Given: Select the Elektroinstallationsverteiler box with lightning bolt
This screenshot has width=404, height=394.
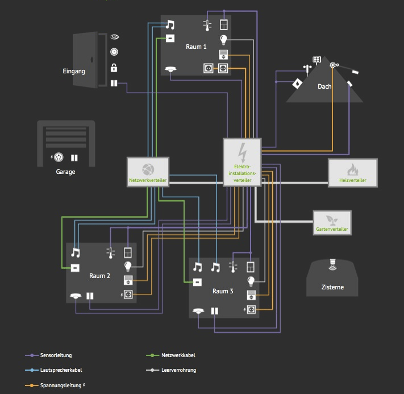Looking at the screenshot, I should click(242, 161).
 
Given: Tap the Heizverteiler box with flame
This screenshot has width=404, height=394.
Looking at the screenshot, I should click(352, 172).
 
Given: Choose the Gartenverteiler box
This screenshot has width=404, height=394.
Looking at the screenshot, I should click(332, 222).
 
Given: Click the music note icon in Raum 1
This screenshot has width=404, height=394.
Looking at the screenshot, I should click(170, 25).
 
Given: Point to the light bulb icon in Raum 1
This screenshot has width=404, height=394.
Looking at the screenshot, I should click(224, 40).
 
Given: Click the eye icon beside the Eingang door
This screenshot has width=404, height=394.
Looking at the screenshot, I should click(114, 37).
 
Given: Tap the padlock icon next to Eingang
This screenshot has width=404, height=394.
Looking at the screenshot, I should click(114, 68).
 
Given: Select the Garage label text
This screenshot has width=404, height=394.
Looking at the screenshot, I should click(65, 172).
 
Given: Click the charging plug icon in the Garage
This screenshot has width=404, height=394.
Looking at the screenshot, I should click(59, 157).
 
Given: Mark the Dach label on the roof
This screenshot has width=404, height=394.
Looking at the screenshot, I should click(324, 86).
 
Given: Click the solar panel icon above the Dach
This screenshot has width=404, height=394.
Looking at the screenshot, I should click(317, 60).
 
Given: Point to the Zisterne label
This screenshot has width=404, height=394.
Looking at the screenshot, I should click(332, 288).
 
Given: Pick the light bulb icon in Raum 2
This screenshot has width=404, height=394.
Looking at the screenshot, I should click(128, 266).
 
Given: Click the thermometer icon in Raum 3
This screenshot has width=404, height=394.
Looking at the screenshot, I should click(232, 267).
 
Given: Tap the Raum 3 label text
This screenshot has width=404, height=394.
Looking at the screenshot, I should click(223, 291).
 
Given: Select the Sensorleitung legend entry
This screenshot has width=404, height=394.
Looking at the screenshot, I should click(56, 355).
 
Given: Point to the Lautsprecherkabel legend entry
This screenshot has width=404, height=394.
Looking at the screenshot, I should click(61, 370).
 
